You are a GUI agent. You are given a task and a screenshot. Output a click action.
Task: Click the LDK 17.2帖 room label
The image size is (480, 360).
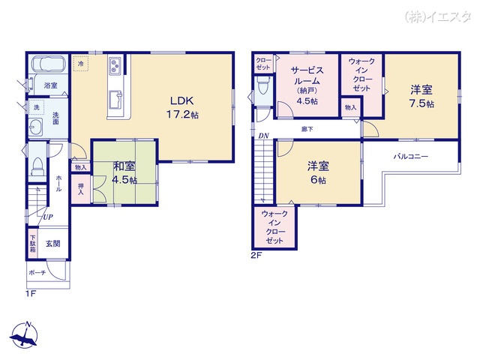tap(182, 107)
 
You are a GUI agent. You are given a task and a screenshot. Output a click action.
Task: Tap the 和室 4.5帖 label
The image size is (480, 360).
tap(124, 172)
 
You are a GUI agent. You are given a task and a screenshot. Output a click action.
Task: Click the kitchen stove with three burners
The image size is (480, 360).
tap(115, 65)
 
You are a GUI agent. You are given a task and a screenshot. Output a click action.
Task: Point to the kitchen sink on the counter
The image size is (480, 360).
tap(115, 100)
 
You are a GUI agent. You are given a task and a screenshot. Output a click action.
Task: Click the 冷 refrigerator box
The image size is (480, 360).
tap(80, 64)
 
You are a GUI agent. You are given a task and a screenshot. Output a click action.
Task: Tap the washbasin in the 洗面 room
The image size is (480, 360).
tap(35, 127)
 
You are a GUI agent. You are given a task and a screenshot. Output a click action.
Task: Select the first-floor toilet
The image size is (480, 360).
tap(37, 166)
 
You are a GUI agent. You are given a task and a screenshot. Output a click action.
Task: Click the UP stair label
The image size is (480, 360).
tap(48, 217)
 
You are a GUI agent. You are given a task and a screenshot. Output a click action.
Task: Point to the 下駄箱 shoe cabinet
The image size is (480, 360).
tap(33, 243)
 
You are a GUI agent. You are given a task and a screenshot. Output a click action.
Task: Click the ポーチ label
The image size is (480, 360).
tap(37, 272)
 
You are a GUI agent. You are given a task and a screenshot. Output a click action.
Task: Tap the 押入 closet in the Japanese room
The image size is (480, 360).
tap(81, 189)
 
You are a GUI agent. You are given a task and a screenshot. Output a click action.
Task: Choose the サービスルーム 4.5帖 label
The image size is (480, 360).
tap(307, 85)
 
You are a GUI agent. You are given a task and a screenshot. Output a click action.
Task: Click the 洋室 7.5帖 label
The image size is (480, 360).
tap(421, 97)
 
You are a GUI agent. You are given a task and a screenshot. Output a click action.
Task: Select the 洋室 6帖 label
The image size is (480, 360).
tap(318, 173)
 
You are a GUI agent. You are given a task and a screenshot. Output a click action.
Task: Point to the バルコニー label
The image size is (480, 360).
tap(410, 157)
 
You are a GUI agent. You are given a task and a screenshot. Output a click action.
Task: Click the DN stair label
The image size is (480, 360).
tap(263, 136)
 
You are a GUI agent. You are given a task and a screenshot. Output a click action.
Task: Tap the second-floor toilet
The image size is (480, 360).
tap(263, 86)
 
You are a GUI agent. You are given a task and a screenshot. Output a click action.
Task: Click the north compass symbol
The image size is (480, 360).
tap(25, 335)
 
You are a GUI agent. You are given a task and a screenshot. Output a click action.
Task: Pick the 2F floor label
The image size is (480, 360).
tap(256, 255)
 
